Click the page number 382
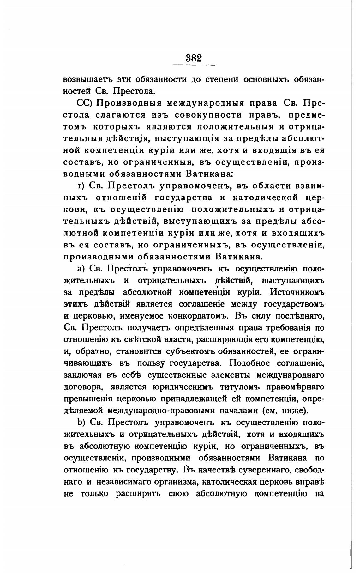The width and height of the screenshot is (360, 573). (194, 58)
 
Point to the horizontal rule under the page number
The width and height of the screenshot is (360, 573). (194, 65)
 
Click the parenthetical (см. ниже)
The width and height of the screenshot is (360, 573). (285, 411)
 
